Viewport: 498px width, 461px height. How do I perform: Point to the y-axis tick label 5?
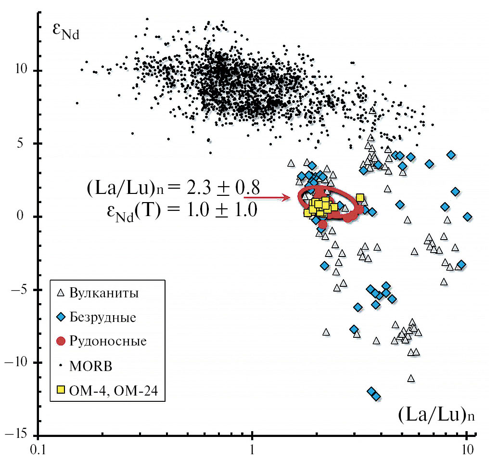click(x=23, y=143)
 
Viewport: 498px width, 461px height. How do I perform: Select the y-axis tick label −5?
click(x=19, y=290)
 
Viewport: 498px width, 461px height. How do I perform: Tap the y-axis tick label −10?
click(x=15, y=362)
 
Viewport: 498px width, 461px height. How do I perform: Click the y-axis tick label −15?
click(x=15, y=435)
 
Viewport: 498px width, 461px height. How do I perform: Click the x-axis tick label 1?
click(x=252, y=451)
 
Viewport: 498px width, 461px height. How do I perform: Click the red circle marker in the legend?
click(x=61, y=341)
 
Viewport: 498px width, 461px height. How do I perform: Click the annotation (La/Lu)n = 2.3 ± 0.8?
click(x=174, y=188)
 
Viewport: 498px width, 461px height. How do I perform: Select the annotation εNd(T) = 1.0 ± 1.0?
click(x=180, y=210)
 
